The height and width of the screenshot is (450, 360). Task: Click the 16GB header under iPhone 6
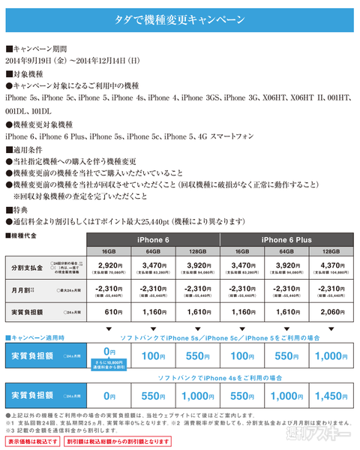tap(109, 252)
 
